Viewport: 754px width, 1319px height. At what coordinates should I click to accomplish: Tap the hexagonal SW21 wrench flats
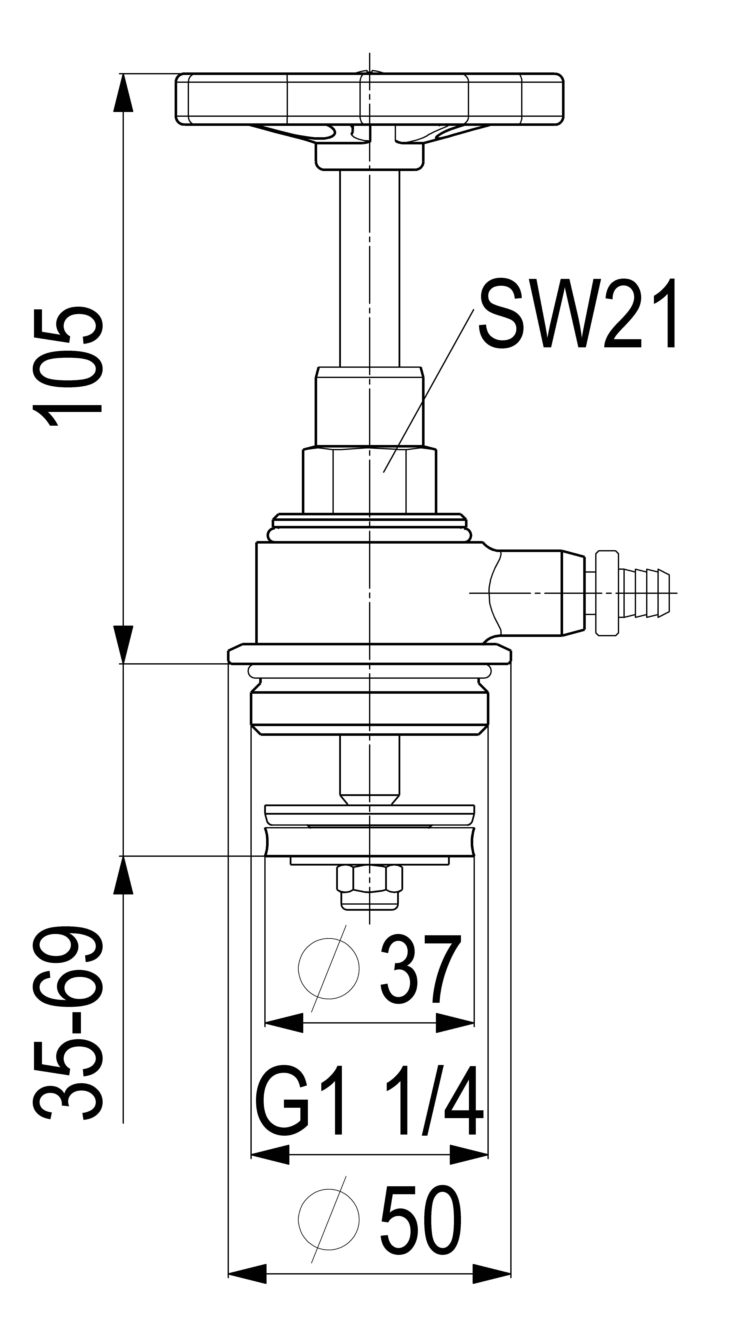(x=369, y=480)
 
